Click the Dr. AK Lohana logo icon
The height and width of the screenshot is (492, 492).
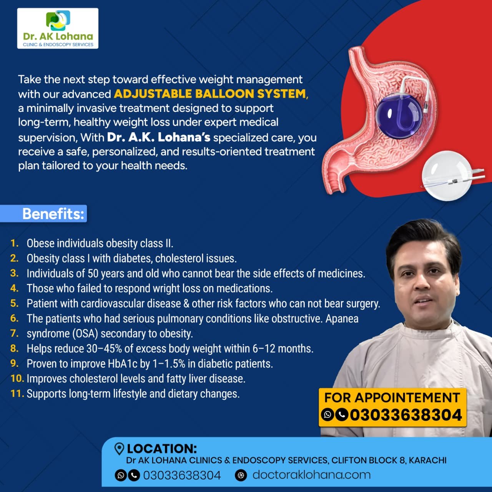pos(58,20)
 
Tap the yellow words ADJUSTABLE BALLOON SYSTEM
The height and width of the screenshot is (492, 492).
pos(210,94)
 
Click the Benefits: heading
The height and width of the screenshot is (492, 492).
pos(53,213)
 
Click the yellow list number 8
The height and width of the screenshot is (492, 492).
pos(14,348)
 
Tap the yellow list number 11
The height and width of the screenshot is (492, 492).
pos(17,393)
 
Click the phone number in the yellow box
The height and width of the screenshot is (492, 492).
pos(406,415)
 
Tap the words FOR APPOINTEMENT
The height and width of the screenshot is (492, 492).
pos(392,397)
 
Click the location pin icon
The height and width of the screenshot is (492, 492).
pos(119,449)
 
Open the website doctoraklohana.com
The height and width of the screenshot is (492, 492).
pos(311,475)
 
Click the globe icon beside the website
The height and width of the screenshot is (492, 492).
pos(241,475)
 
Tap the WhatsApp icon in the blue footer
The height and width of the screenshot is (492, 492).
pos(121,475)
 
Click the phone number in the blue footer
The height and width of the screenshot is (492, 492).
pos(182,475)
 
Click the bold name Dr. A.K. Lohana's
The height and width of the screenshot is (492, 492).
pos(158,137)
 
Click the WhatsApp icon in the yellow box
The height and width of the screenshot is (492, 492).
pos(327,415)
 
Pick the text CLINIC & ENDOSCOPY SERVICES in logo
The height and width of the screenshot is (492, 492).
pos(58,45)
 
